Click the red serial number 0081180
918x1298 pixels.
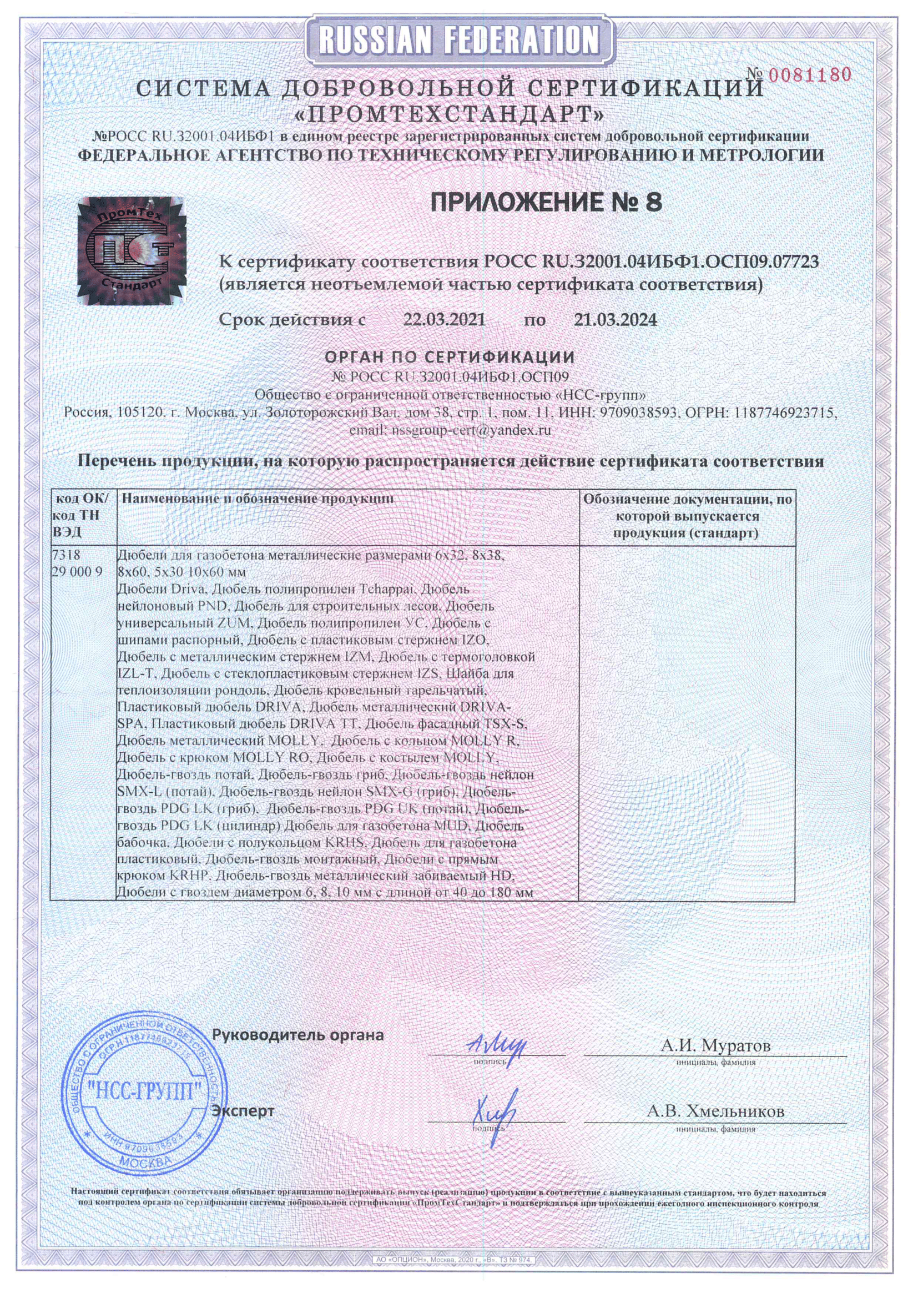pos(809,74)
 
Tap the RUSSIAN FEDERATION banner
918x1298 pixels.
pos(458,40)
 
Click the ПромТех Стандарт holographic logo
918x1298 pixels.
pos(132,251)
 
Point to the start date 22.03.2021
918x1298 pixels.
pos(444,320)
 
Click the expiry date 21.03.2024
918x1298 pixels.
pos(616,320)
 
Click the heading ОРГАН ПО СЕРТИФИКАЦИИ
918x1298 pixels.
pos(450,357)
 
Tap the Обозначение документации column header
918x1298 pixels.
pos(687,516)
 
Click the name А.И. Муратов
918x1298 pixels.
pos(715,1045)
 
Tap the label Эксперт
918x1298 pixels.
pos(243,1111)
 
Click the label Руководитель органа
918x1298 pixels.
pos(298,1035)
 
